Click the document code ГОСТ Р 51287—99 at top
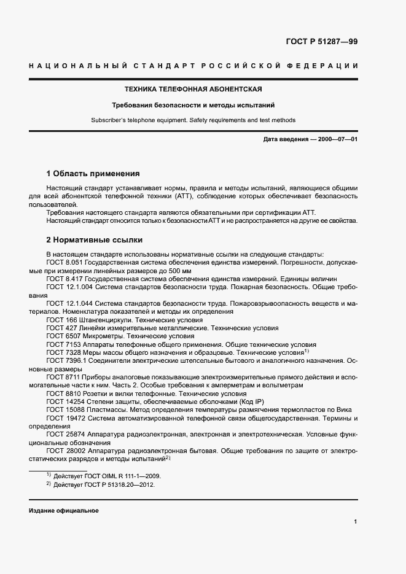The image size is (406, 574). coord(322,42)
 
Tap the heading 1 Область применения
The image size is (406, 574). coord(93,174)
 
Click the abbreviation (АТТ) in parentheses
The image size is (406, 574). coord(181,195)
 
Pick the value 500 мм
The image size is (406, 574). coord(178,270)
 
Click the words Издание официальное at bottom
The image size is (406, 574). coord(63,511)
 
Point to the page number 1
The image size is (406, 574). coord(356,522)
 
